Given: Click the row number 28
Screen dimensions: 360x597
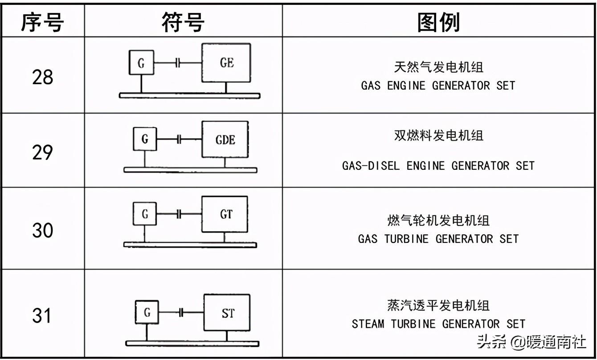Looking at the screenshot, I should (42, 77).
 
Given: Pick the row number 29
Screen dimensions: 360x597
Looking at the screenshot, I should (42, 152).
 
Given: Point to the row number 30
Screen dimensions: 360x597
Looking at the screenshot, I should (42, 230).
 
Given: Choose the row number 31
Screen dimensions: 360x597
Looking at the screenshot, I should (42, 316).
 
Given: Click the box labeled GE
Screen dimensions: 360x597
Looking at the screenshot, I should (226, 63).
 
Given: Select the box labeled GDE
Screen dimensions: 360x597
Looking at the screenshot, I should (225, 139).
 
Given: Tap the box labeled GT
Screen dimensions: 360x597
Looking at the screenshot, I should (225, 214).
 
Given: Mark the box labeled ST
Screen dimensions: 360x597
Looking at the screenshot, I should (227, 312).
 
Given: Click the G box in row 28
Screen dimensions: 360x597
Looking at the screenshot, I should (141, 62).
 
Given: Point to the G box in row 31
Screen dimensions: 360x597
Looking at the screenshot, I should (147, 312).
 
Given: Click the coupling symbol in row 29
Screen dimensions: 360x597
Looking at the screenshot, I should (179, 139).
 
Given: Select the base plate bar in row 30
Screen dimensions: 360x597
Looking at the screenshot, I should (190, 245).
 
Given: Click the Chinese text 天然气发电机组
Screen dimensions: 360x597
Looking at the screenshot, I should (438, 67).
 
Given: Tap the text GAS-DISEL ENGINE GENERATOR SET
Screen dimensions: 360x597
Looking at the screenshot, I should (438, 166).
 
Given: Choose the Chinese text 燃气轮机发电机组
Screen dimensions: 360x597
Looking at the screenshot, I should (438, 220).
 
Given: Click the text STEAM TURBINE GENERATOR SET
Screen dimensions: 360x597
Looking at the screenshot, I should (438, 324).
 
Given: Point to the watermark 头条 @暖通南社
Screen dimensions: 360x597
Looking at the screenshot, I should (531, 342).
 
